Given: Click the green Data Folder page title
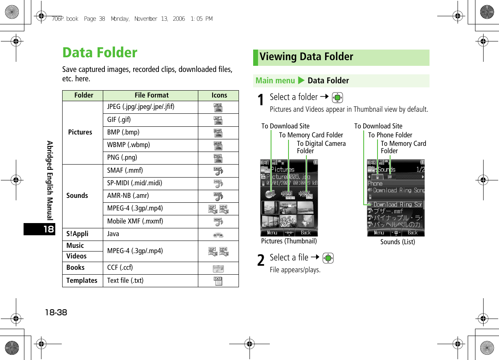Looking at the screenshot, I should click(x=100, y=53).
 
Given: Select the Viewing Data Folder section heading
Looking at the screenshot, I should click(x=306, y=57).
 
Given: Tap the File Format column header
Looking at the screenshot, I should click(x=152, y=95).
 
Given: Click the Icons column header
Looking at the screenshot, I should click(x=219, y=95).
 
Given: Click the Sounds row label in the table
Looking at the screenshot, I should click(x=77, y=195).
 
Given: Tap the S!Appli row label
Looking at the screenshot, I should click(x=77, y=234).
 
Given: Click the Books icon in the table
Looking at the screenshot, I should click(x=218, y=269).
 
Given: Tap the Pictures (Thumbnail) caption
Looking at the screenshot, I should click(x=289, y=241).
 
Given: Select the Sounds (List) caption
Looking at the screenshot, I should click(x=397, y=242).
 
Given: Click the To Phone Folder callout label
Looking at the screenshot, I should click(x=390, y=135).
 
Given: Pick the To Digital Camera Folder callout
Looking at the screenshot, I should click(x=321, y=147).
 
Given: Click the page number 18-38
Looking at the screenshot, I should click(x=56, y=313).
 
